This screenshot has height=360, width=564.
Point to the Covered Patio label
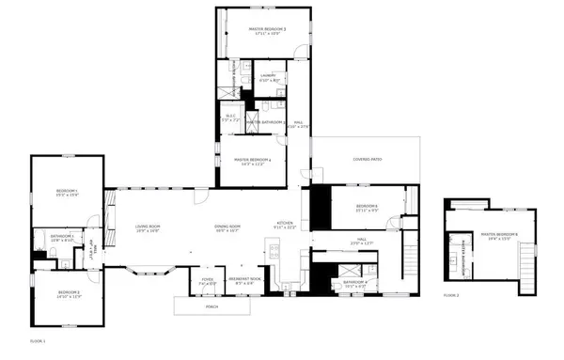click(x=367, y=160)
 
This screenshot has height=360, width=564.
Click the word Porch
click(x=212, y=305)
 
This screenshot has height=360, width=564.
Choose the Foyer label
click(x=208, y=278)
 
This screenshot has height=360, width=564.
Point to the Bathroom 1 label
click(x=61, y=239)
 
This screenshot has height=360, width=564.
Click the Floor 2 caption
click(x=451, y=295)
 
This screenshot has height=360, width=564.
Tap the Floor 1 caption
click(x=39, y=339)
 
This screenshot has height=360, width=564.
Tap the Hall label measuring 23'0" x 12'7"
click(x=363, y=243)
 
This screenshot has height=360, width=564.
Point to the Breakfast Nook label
click(x=245, y=278)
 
